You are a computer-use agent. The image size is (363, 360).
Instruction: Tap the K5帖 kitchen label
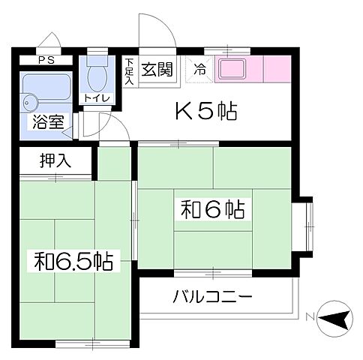click(x=206, y=112)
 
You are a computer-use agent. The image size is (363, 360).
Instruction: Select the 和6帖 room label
click(x=213, y=208)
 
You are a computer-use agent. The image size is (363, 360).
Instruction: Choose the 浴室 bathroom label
click(x=46, y=123)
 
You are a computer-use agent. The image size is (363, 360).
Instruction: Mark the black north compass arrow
click(x=334, y=320)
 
